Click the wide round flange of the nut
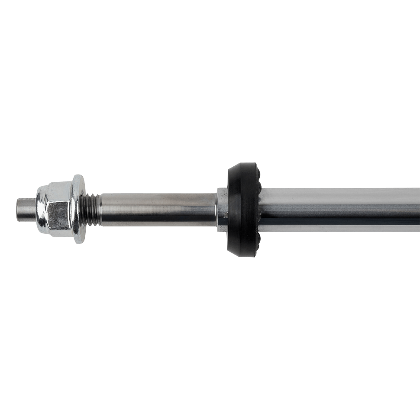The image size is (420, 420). [78, 209]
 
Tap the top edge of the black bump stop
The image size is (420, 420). [242, 164]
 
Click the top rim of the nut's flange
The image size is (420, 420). [78, 175]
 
